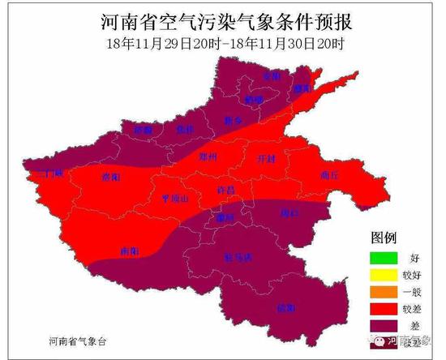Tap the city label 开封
tap(265, 158)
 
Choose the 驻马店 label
tap(237, 257)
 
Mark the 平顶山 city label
tap(174, 198)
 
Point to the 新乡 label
tap(234, 121)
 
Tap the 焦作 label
tap(186, 130)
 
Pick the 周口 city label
tap(289, 213)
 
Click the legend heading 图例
tap(384, 238)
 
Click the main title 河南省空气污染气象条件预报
tap(222, 19)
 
